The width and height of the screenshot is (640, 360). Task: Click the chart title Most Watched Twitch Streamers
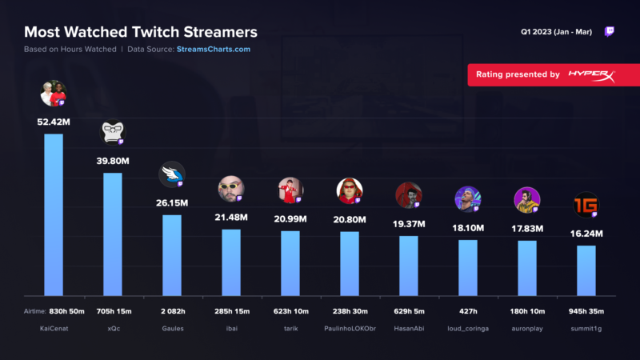(141, 33)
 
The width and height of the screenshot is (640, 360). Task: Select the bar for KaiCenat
(54, 214)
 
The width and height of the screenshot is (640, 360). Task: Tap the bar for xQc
(113, 234)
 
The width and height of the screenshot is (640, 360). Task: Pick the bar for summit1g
(586, 270)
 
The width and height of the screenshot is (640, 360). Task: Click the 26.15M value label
(172, 203)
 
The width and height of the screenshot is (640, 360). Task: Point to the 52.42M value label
(54, 122)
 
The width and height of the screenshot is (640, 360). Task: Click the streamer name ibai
(231, 328)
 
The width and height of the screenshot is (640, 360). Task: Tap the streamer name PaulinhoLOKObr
(350, 328)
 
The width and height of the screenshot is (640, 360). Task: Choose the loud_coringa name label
(468, 328)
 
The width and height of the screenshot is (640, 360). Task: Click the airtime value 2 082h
(172, 310)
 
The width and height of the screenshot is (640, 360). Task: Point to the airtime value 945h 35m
(586, 310)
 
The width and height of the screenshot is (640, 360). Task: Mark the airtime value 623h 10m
(290, 310)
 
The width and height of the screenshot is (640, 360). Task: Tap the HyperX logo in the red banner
(591, 74)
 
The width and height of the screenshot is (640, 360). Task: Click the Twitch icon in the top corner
(610, 33)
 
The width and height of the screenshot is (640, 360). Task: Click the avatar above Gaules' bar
(171, 174)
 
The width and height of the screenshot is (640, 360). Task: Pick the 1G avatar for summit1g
(586, 205)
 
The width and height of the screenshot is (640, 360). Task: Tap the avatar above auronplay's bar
(526, 200)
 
